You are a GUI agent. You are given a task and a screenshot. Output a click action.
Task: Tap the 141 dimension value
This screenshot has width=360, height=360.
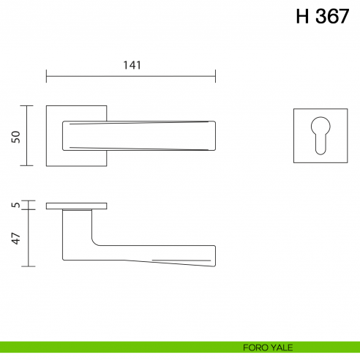tap(131, 65)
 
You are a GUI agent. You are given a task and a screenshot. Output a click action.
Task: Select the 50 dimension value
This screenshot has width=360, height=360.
tap(15, 136)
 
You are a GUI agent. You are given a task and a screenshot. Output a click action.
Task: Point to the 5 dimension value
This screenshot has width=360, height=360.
tap(15, 206)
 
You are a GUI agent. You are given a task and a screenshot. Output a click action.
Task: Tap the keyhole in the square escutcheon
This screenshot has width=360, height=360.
tap(320, 135)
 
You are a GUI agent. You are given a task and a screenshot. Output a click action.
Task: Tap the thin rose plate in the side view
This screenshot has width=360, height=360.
tap(76, 206)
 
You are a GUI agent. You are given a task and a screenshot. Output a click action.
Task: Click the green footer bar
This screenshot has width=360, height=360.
tap(110, 348)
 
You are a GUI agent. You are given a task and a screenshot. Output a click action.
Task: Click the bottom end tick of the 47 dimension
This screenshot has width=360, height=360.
tap(28, 266)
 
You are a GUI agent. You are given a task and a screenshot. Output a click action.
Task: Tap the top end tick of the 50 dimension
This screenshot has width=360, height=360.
tap(28, 105)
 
